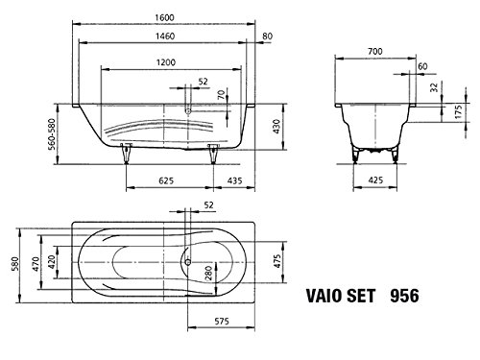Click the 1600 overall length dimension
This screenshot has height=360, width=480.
point(164,17)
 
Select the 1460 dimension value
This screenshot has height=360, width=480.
point(165,36)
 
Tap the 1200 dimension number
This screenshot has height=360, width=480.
point(166,62)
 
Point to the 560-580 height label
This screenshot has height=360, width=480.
point(51,134)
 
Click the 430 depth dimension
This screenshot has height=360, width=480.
point(276,127)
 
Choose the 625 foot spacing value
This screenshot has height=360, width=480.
point(166,180)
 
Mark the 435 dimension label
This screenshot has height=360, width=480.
point(235,180)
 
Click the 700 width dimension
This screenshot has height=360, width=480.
point(375,51)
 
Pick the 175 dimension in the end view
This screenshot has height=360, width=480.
point(458,112)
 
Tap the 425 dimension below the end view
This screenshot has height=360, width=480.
point(375,180)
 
